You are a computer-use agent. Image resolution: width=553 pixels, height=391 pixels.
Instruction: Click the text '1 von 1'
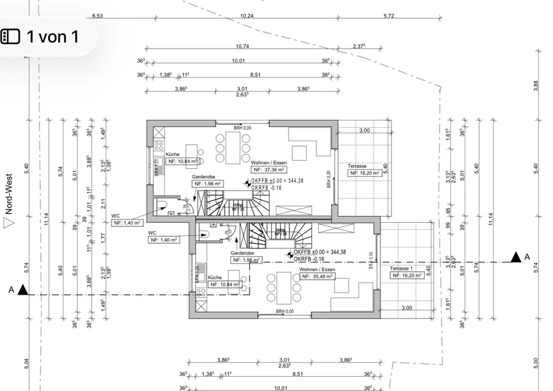(x=53, y=37)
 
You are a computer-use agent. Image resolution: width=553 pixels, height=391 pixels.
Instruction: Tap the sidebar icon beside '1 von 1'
(x=11, y=37)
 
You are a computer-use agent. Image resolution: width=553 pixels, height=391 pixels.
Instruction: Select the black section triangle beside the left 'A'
(x=23, y=289)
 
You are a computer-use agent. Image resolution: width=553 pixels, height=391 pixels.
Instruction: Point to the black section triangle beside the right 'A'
(x=515, y=256)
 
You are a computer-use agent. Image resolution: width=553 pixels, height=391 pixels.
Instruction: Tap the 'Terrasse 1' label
(x=402, y=268)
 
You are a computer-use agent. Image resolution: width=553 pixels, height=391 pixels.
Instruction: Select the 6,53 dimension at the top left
(x=97, y=15)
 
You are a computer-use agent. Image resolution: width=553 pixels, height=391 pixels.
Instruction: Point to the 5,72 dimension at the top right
(x=389, y=15)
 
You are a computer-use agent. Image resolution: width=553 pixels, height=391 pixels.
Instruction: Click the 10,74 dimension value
(x=242, y=46)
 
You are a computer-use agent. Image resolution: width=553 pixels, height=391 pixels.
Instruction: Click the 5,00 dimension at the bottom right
(x=536, y=363)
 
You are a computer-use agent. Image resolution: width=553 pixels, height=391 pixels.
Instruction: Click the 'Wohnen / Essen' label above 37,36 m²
(x=269, y=163)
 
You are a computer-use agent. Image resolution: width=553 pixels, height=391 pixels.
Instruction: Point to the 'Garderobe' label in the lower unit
(x=242, y=251)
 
